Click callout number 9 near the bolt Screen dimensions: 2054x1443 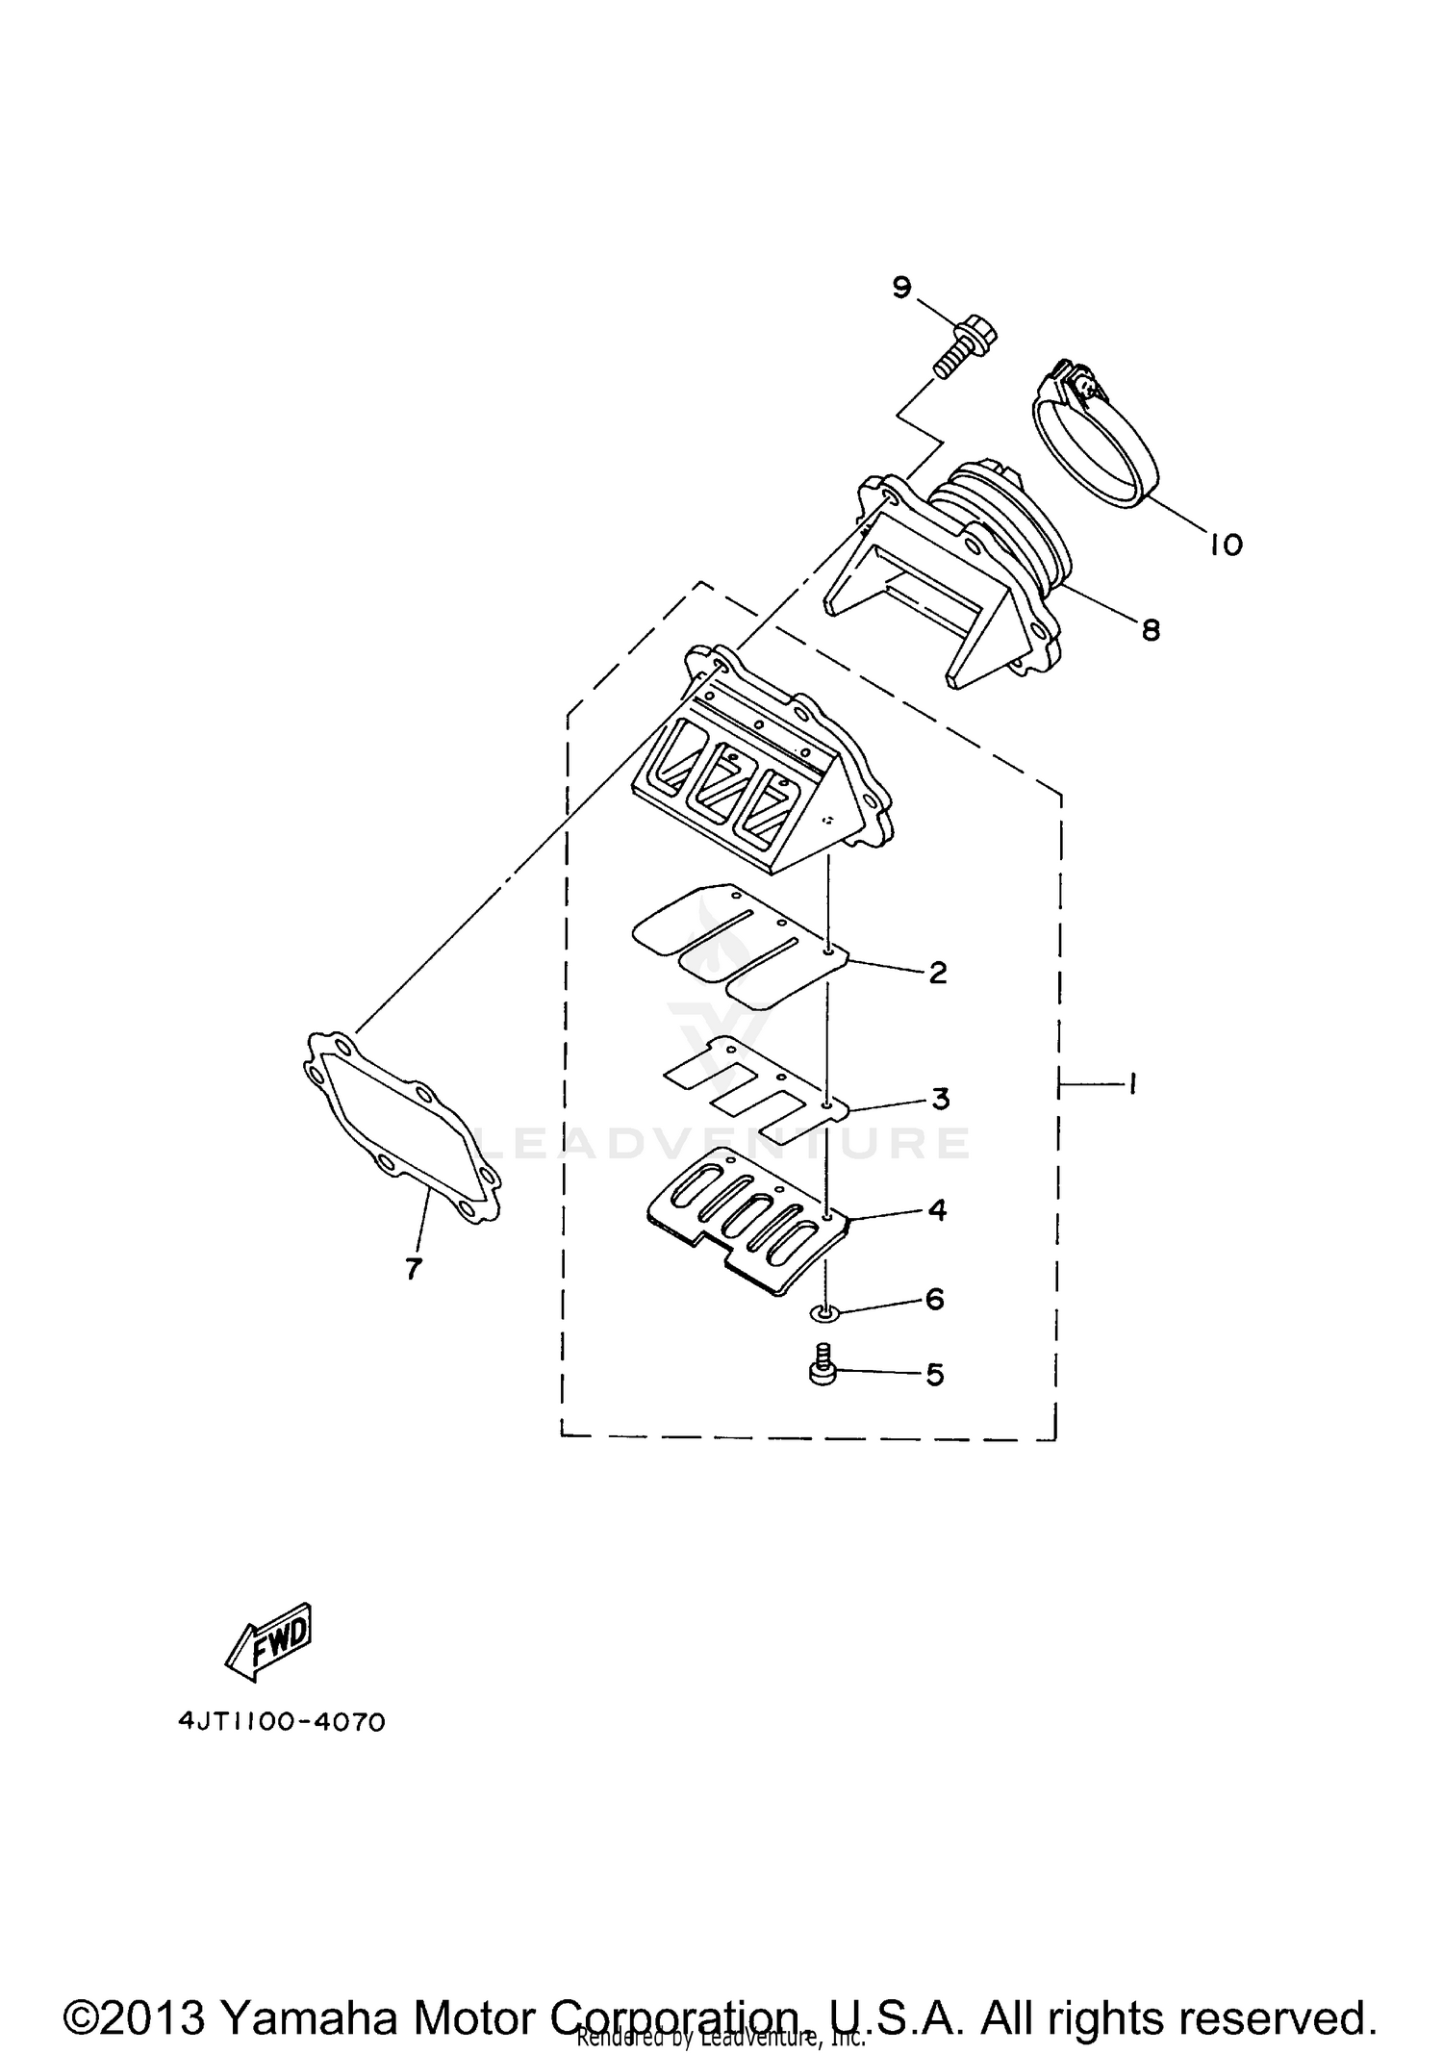click(x=900, y=288)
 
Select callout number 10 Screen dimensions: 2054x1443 click(x=1226, y=545)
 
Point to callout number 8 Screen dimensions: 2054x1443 click(x=1151, y=630)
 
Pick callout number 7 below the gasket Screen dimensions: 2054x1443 click(x=413, y=1269)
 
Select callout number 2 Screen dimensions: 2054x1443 click(x=937, y=973)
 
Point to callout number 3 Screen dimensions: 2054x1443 click(x=940, y=1098)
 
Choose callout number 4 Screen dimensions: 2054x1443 click(x=937, y=1209)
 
